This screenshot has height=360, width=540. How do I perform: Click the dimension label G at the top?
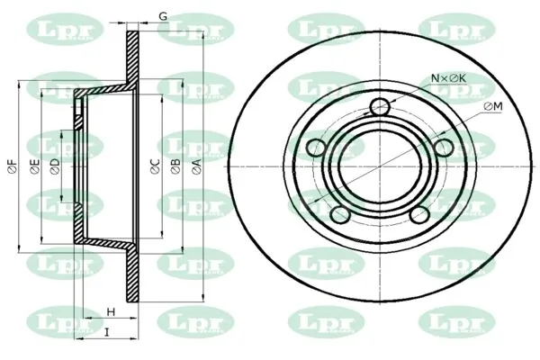click(x=163, y=16)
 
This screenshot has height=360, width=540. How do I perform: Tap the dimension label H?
click(x=111, y=312)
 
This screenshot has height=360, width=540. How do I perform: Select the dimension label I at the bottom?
click(x=107, y=332)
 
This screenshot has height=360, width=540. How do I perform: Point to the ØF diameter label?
click(x=12, y=166)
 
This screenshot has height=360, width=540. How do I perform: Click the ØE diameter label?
click(x=35, y=166)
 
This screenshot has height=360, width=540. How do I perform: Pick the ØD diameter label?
click(x=55, y=166)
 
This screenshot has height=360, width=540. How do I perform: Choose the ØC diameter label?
click(x=156, y=166)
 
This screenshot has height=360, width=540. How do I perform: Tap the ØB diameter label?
click(x=175, y=166)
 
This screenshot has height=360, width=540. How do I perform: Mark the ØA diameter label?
click(x=196, y=166)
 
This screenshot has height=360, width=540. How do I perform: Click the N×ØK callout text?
click(x=449, y=78)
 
